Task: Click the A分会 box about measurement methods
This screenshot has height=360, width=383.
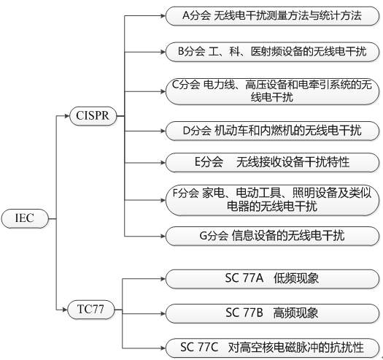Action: (x=271, y=15)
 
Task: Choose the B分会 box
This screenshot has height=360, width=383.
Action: (x=271, y=51)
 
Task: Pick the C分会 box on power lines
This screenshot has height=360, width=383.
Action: (x=271, y=91)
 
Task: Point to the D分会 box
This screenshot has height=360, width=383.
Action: (x=271, y=131)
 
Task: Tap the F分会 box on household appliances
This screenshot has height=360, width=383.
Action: (x=271, y=199)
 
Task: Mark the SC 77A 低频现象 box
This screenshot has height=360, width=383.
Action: (x=271, y=278)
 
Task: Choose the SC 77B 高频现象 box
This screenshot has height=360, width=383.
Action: (x=271, y=313)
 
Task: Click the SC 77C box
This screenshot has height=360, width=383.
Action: (x=271, y=347)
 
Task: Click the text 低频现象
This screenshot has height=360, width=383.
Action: (x=296, y=278)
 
